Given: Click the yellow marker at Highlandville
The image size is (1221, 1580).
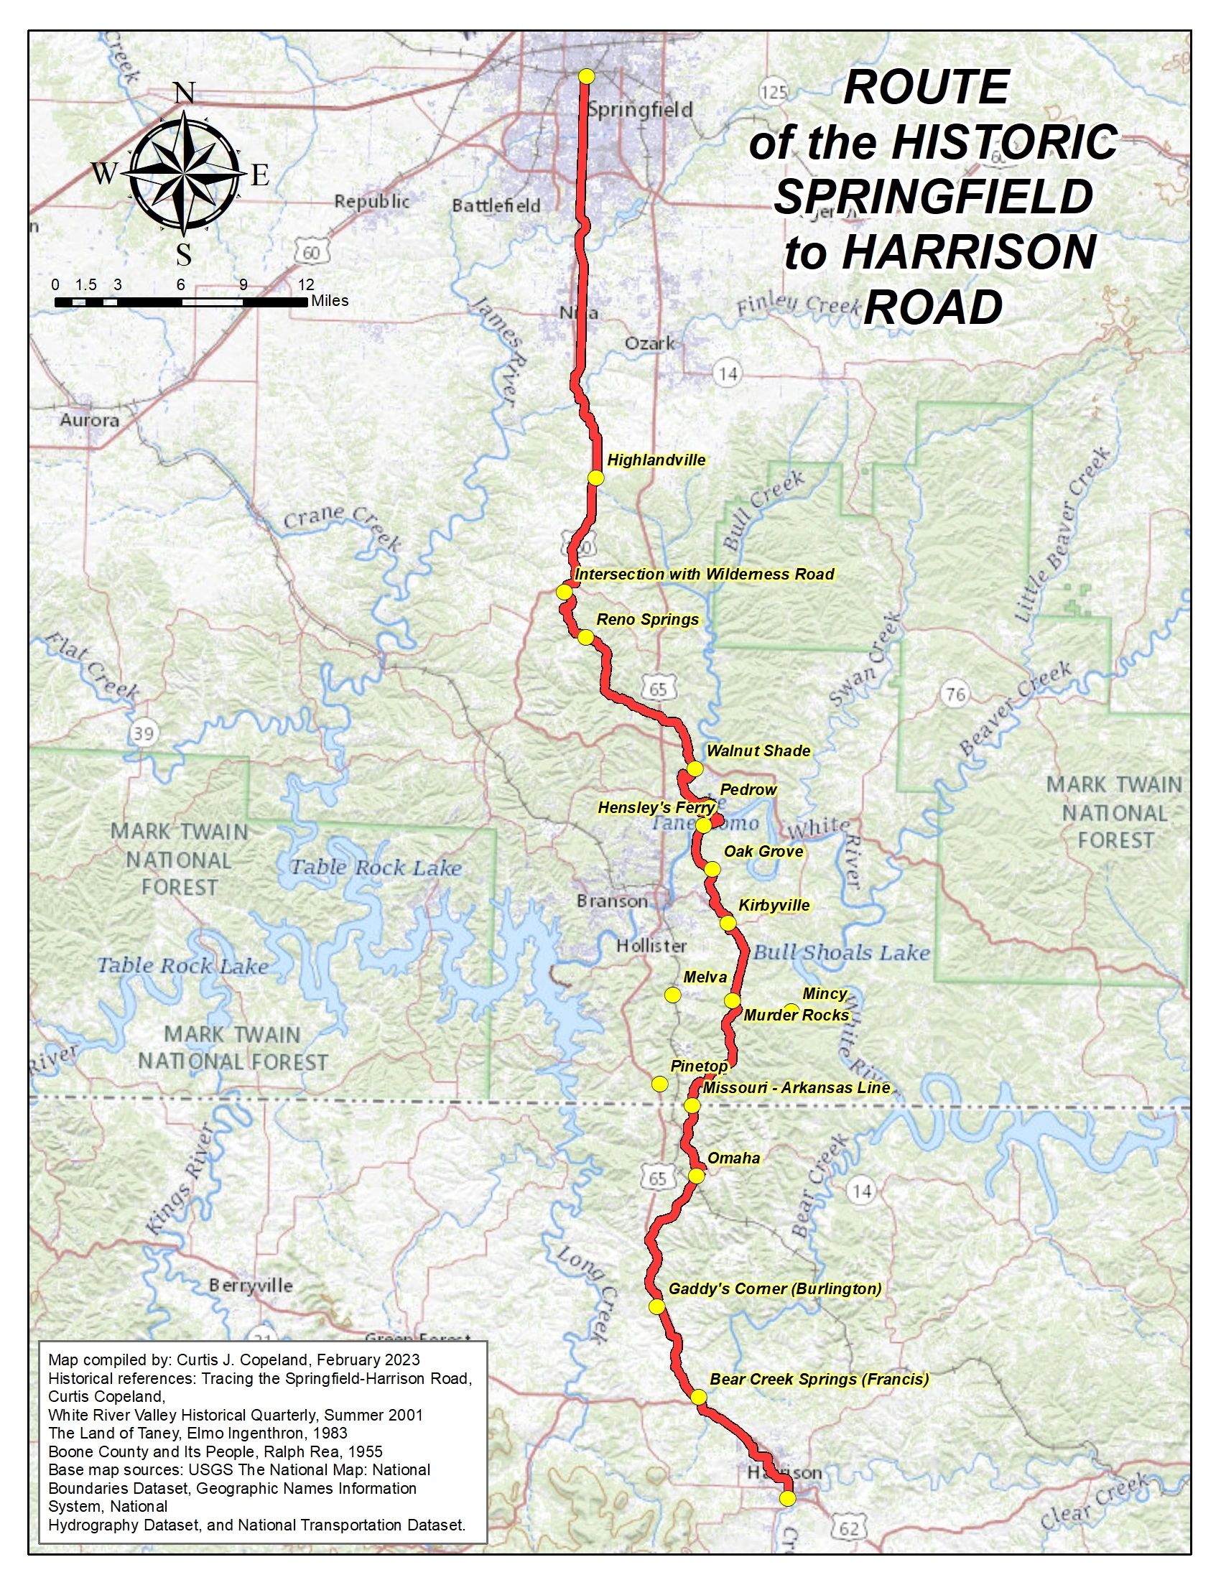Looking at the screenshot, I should (x=595, y=478).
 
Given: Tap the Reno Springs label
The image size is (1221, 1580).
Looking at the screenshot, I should (x=647, y=620).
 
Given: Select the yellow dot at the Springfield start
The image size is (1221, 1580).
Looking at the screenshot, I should (x=587, y=76).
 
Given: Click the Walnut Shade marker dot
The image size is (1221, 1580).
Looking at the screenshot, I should (x=695, y=768).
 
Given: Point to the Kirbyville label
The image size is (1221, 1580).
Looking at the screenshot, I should (x=774, y=905).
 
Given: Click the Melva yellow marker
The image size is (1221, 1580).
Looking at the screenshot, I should (x=673, y=995).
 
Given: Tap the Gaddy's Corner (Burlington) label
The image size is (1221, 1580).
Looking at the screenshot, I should (x=775, y=1288).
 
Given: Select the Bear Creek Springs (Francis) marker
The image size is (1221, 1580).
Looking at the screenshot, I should (x=699, y=1397).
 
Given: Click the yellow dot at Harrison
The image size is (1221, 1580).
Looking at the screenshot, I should (x=788, y=1498).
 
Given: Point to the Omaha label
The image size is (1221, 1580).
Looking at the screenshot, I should (x=733, y=1158).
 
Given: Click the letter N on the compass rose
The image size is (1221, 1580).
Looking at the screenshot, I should (x=185, y=93).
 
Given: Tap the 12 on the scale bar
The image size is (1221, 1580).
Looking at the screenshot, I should (x=306, y=285).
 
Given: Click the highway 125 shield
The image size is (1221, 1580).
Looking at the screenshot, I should (x=774, y=92).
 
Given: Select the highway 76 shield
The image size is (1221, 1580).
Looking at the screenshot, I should (x=955, y=694).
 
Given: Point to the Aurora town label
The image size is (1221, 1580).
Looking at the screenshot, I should (x=90, y=419).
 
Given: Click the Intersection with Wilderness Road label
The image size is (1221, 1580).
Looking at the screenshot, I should (x=704, y=575).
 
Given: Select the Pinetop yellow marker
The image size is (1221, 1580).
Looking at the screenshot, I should (x=659, y=1084).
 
